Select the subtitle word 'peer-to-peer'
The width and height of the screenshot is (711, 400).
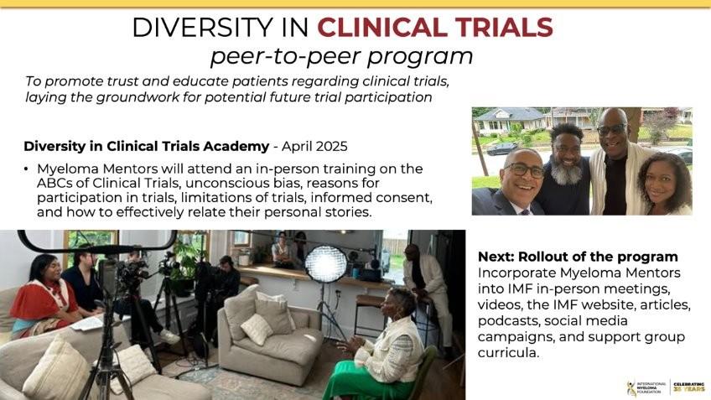[285, 57]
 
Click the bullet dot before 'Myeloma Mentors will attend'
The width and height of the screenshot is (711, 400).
[26, 169]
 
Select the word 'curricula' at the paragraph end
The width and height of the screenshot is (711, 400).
[508, 352]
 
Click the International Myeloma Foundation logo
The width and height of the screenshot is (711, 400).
[646, 387]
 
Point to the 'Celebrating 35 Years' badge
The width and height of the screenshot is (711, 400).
[689, 387]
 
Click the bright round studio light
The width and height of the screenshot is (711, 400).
[326, 263]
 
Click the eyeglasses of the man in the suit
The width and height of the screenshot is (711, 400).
[524, 169]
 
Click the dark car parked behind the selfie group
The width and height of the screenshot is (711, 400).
[501, 148]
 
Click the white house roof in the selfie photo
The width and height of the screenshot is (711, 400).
[508, 114]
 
